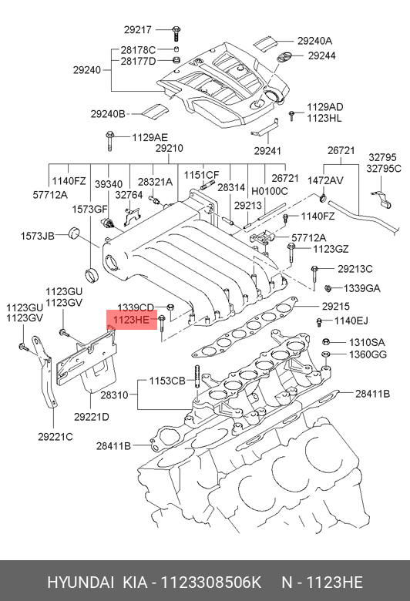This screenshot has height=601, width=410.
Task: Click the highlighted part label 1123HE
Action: click(131, 319)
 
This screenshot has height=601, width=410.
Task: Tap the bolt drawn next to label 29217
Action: click(176, 33)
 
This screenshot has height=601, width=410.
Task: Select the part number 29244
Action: click(322, 55)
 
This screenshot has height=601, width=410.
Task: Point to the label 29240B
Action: click(108, 114)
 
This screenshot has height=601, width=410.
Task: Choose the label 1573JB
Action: click(37, 236)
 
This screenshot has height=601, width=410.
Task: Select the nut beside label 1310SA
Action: click(325, 341)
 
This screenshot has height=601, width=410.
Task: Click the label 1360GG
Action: click(368, 354)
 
